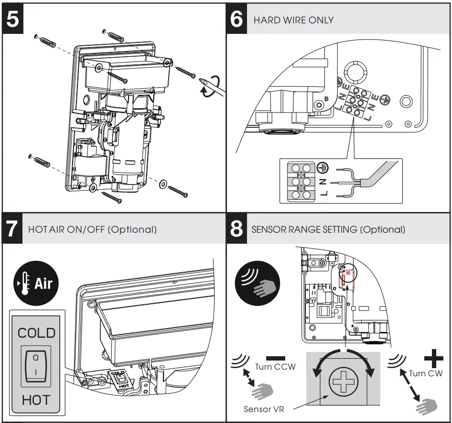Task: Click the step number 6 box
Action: tap(237, 21)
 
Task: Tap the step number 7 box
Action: tap(12, 229)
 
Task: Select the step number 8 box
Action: tap(237, 229)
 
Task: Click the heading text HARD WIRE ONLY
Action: tap(293, 21)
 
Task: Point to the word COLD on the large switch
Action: tap(36, 333)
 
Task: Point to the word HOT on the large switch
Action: tap(36, 400)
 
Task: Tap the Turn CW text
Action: tap(426, 373)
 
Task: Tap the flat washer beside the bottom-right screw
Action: tap(163, 183)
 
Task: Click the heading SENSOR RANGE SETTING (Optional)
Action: tap(328, 229)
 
